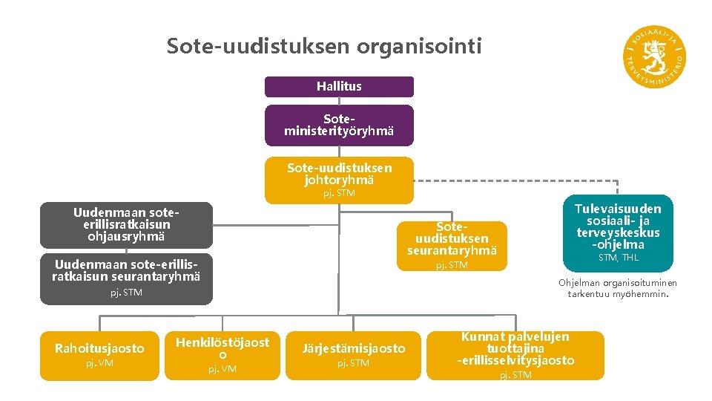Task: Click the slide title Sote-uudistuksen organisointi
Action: pos(324,46)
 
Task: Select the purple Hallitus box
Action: pos(339,86)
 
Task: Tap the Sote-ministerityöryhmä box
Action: pos(339,125)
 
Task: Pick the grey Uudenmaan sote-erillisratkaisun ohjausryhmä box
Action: pos(126,224)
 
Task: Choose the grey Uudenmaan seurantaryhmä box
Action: pos(126,278)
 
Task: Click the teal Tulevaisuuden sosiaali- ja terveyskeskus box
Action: pos(618,232)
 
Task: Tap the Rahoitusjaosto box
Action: pos(99,355)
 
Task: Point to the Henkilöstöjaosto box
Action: pos(222,354)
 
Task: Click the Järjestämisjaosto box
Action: pos(353,354)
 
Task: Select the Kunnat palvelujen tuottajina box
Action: pos(515,355)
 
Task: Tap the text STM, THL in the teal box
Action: pos(618,258)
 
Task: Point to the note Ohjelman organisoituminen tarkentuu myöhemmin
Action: pos(618,287)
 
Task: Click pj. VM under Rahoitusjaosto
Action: pos(99,364)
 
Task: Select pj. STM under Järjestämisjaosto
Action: pos(353,364)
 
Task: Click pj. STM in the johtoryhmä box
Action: pos(339,193)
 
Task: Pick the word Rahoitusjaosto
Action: pos(99,348)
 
